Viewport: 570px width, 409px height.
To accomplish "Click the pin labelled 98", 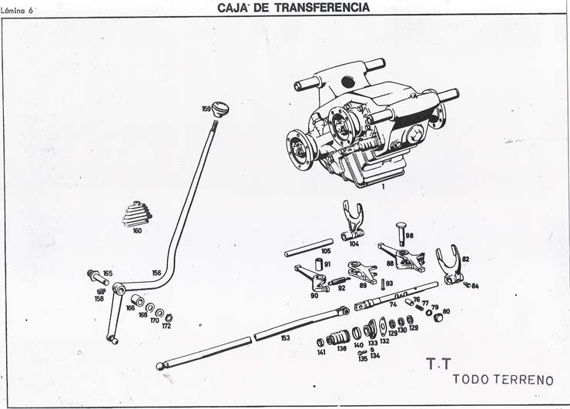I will tap(400, 230).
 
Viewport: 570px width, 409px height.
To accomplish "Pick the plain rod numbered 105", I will tap(308, 248).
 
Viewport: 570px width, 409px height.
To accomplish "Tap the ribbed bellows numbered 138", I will tap(337, 338).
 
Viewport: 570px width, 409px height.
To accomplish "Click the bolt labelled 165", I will tap(95, 273).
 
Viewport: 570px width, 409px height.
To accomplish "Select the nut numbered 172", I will tap(169, 317).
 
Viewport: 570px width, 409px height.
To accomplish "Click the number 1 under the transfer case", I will tap(382, 186).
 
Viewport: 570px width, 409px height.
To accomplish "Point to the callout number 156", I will tap(156, 273).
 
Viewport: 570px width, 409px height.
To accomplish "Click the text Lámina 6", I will tap(22, 10).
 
